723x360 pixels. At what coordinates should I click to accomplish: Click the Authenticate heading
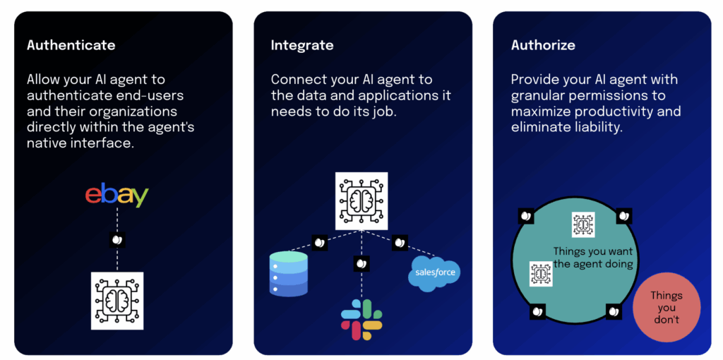tap(71, 45)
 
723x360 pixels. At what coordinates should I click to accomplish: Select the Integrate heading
tap(302, 45)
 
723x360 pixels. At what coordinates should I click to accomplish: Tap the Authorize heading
tap(543, 45)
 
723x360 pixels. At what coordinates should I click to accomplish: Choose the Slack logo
tap(361, 320)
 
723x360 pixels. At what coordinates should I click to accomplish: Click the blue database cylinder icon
tap(289, 273)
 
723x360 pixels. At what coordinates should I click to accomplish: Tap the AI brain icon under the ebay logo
tap(117, 301)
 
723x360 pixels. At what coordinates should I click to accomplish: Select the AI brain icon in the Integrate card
tap(361, 201)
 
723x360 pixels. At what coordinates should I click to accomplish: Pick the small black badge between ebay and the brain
tap(117, 240)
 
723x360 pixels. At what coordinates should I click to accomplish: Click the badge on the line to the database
tap(320, 243)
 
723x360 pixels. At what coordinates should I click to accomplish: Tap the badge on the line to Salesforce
tap(400, 243)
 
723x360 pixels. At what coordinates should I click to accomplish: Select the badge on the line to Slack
tap(361, 264)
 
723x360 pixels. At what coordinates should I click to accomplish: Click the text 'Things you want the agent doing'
tap(593, 258)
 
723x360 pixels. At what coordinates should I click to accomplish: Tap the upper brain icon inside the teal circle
tap(582, 224)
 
